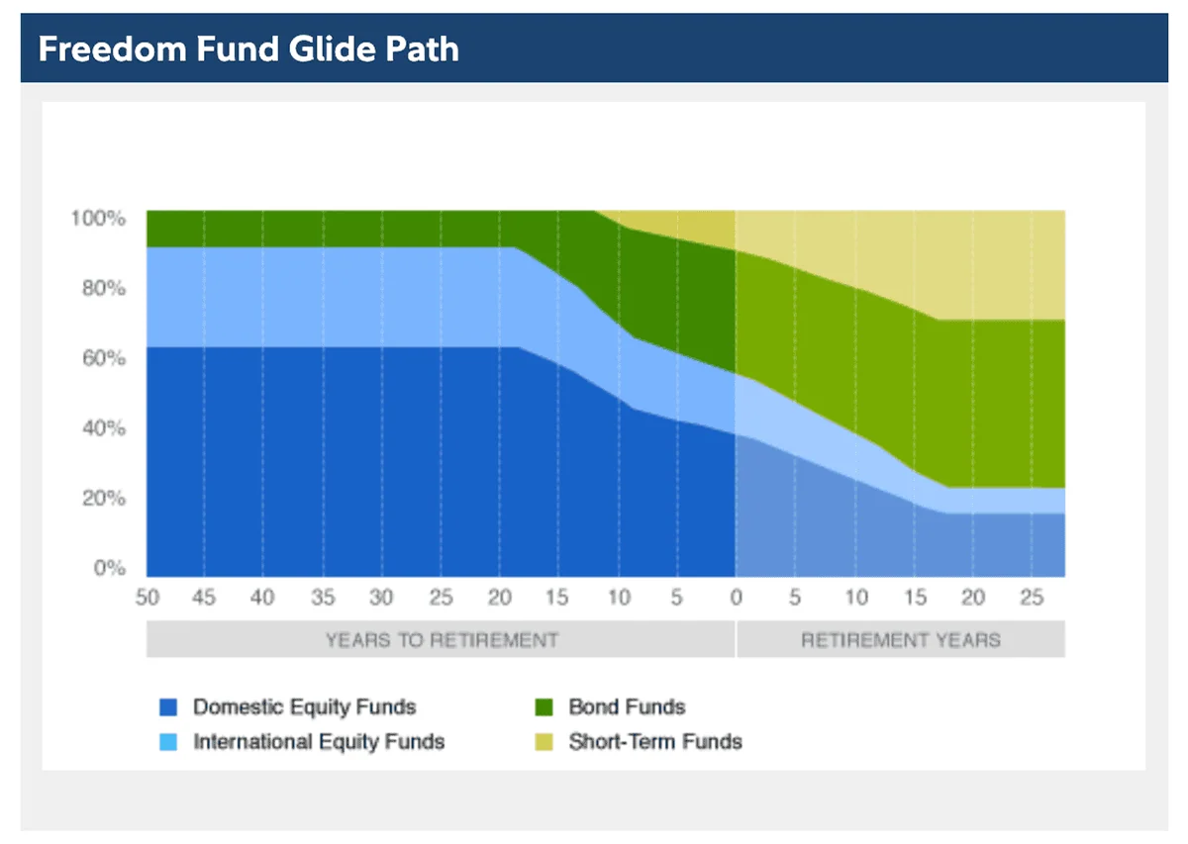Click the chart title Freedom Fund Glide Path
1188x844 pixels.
coord(248,48)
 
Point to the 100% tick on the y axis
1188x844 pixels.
coord(97,218)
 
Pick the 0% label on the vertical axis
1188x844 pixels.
coord(108,569)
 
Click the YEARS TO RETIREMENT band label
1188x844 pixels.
coord(442,640)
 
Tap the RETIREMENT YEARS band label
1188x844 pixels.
coord(901,640)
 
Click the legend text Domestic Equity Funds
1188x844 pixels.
coord(305,707)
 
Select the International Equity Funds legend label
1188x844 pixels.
coord(319,741)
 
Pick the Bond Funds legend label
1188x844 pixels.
coord(627,707)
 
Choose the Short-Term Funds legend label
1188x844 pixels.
coord(655,741)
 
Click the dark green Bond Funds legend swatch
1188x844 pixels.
coord(544,707)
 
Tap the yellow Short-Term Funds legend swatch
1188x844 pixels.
coord(544,741)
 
